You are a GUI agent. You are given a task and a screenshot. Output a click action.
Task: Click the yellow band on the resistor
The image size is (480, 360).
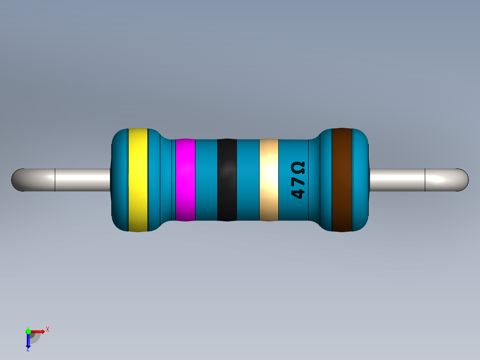pyautogui.click(x=138, y=180)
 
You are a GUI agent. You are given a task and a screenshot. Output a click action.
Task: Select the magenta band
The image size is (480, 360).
pyautogui.click(x=185, y=180)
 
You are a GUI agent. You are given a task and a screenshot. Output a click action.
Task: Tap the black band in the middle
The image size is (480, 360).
pyautogui.click(x=227, y=180)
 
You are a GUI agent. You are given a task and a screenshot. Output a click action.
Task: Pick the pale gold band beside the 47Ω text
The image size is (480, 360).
pyautogui.click(x=269, y=180)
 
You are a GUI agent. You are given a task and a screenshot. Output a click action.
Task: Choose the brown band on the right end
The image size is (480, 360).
pyautogui.click(x=342, y=180)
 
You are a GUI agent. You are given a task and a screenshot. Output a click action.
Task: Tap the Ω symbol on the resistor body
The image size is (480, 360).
pyautogui.click(x=298, y=168)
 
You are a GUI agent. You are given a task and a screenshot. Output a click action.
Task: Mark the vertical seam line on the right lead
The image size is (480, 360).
pyautogui.click(x=425, y=180)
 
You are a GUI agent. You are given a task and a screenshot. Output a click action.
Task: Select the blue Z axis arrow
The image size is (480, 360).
pyautogui.click(x=28, y=341)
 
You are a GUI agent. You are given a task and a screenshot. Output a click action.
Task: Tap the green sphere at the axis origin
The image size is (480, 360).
pyautogui.click(x=28, y=331)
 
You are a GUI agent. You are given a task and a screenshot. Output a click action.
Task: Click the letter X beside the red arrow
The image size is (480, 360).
pyautogui.click(x=48, y=330)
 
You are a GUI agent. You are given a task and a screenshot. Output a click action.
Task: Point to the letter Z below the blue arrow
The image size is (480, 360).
pyautogui.click(x=28, y=350)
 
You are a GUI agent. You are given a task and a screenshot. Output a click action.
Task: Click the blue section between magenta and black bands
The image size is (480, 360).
pyautogui.click(x=206, y=180)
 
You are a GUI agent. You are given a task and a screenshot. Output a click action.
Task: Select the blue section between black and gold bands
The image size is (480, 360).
pyautogui.click(x=248, y=180)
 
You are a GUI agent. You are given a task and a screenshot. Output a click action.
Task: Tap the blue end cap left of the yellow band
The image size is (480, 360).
pyautogui.click(x=119, y=180)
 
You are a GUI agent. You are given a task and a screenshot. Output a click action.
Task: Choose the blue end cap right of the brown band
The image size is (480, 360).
pyautogui.click(x=361, y=180)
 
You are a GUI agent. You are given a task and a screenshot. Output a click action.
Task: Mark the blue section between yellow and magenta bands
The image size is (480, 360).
pyautogui.click(x=160, y=180)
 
